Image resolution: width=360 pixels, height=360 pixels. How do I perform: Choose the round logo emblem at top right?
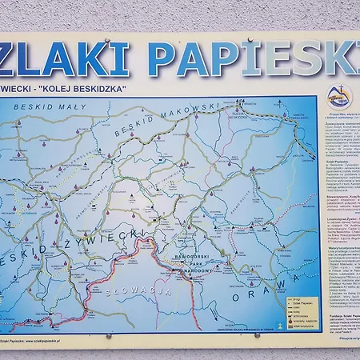tap(339, 95)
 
